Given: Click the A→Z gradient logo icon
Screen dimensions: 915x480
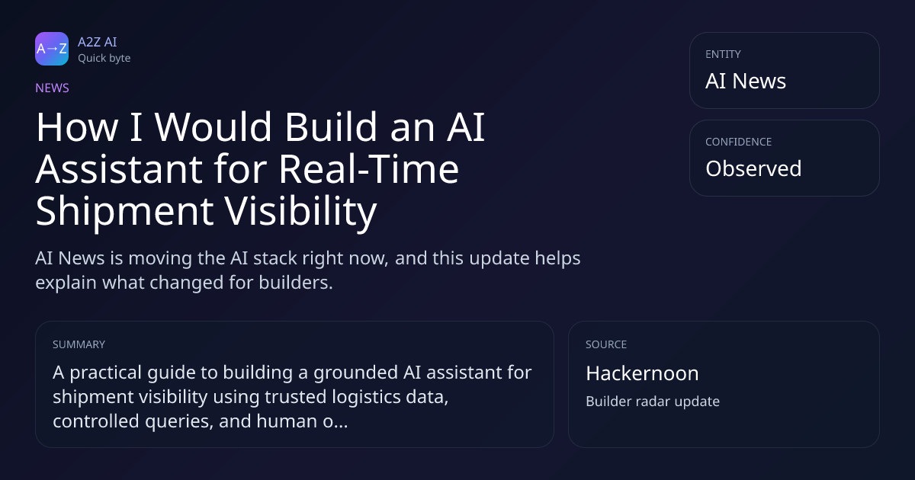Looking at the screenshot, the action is coord(52,49).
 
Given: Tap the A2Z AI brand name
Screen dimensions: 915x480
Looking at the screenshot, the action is coord(98,42).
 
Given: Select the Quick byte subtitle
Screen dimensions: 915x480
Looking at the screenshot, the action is coord(104,59).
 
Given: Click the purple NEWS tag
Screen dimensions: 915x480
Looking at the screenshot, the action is coord(53,88).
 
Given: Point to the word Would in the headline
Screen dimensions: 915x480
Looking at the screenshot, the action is coord(213,127).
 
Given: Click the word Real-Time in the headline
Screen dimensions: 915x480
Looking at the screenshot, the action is coord(369,169).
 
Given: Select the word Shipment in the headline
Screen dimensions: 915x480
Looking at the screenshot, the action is coord(124,213).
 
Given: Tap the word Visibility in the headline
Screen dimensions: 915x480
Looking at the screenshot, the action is coord(300,213).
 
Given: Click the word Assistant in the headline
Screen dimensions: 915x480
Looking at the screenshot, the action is coord(119,169).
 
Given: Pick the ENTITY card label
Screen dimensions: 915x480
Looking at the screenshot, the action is coord(723,54).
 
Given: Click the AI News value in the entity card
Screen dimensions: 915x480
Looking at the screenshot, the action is coord(746,81).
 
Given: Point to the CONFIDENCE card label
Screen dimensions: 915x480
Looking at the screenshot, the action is coord(739,142).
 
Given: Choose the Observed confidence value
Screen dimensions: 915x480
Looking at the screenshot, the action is coord(753,168).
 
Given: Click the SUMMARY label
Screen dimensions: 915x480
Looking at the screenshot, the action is coord(79,344).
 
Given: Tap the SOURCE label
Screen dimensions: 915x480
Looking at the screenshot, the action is coord(606,344).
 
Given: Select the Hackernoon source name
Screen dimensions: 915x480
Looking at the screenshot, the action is coord(642,373).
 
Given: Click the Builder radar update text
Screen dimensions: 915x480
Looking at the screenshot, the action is coord(653,402).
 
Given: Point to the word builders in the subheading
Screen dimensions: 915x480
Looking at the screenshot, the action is coord(296,283).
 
